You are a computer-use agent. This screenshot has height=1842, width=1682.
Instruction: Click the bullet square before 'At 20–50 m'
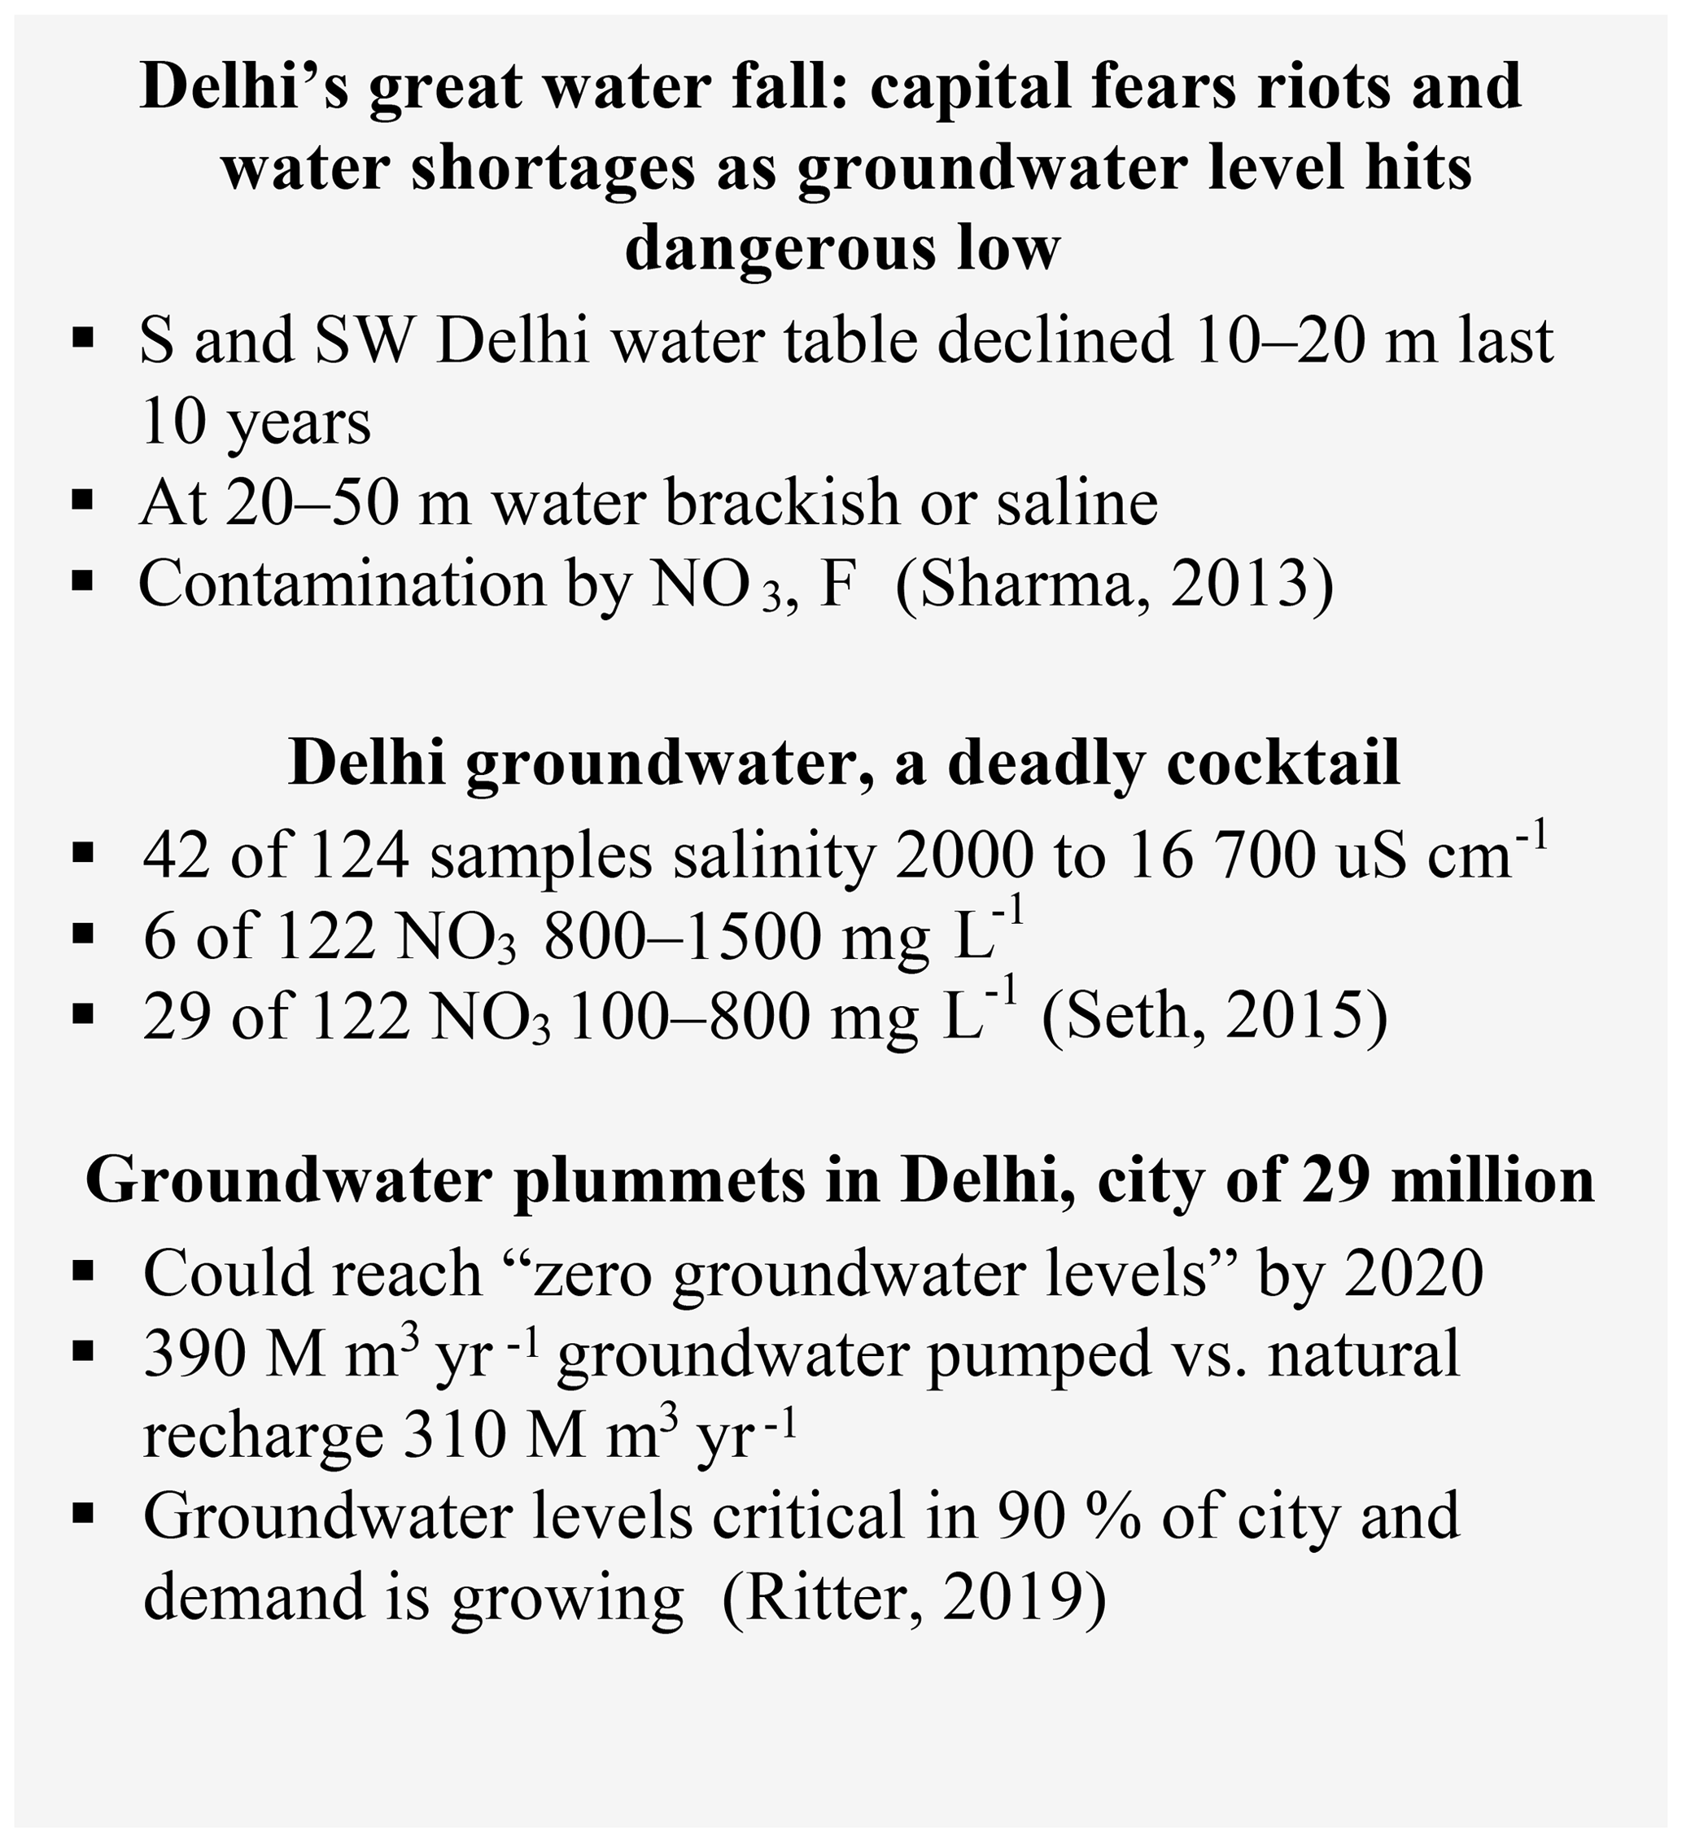tap(83, 501)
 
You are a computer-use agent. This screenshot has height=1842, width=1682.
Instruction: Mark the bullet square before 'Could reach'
tap(83, 1271)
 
